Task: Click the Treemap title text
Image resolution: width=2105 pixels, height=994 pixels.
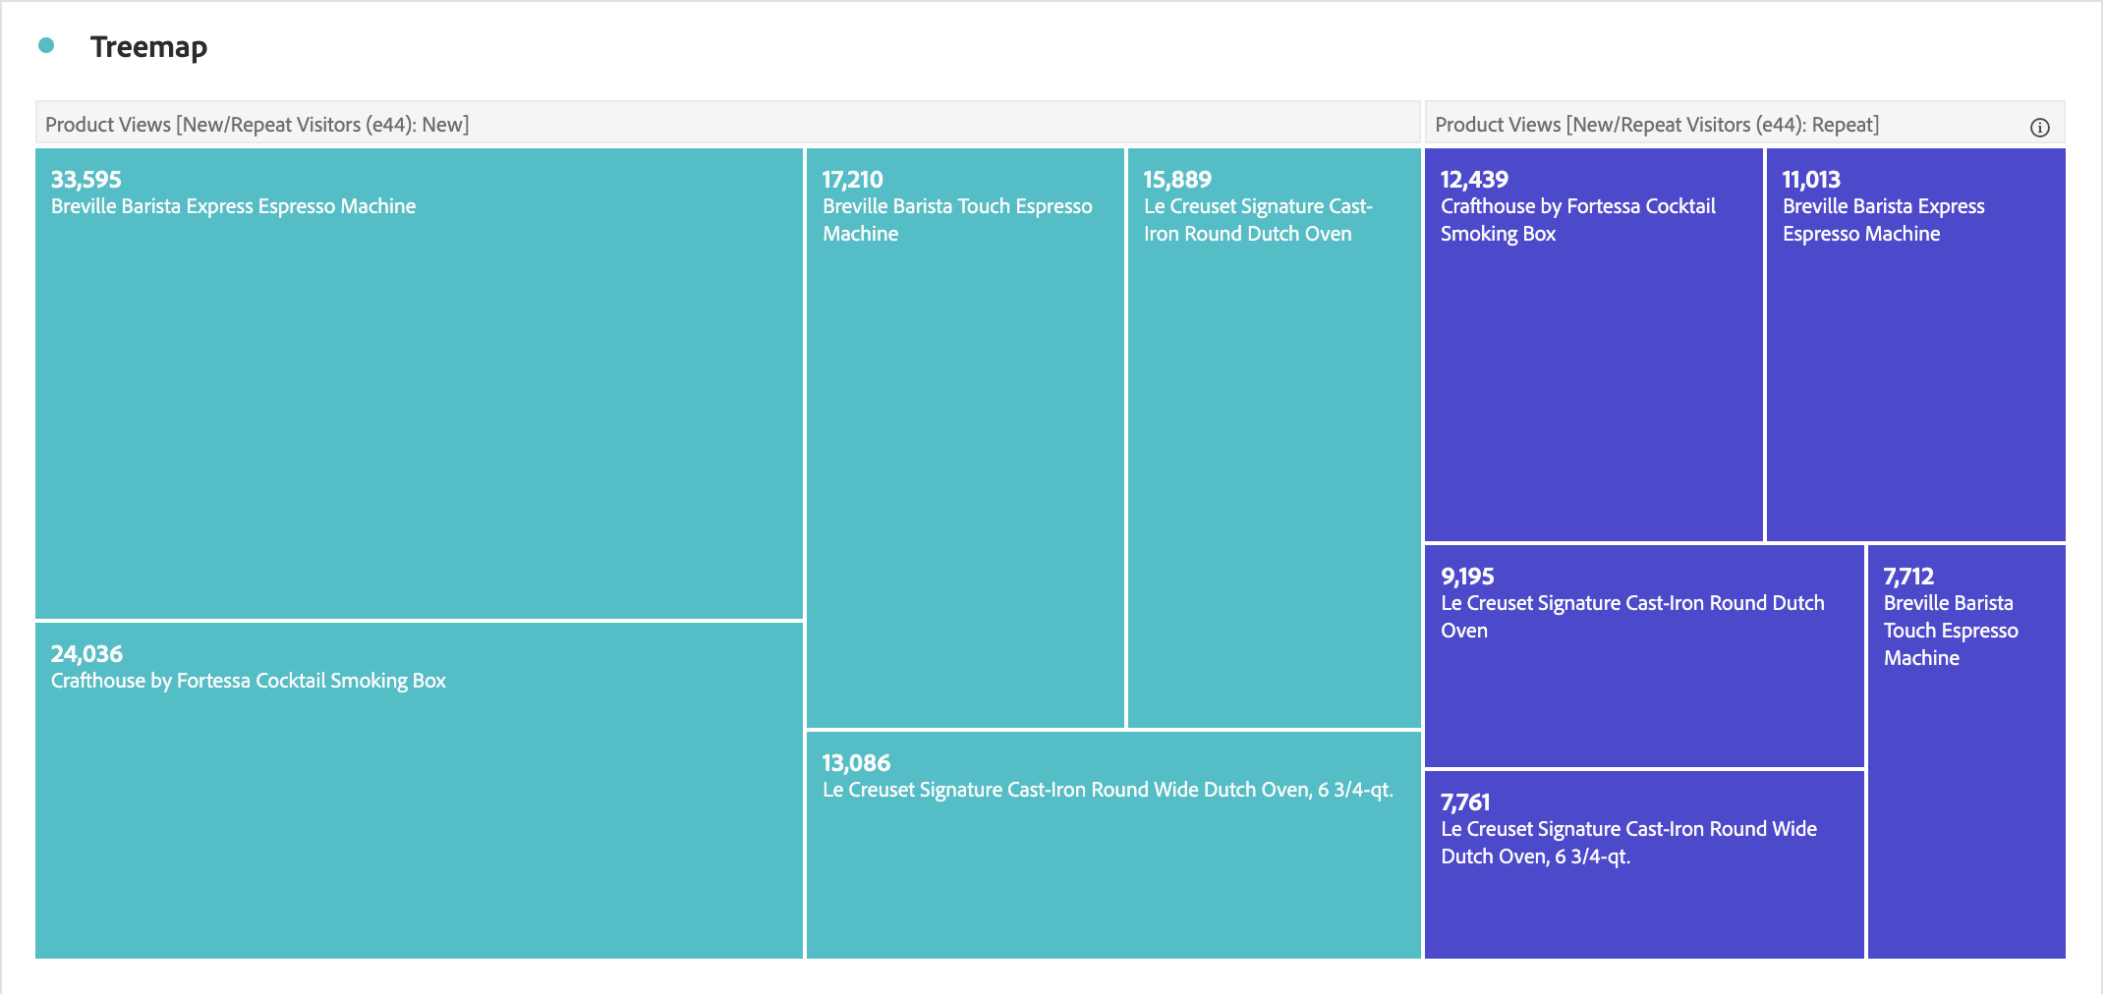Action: (x=148, y=47)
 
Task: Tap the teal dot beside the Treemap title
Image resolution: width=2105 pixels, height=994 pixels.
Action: (x=46, y=45)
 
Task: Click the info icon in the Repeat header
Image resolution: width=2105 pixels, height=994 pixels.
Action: (x=2039, y=128)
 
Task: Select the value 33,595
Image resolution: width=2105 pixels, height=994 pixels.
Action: (x=86, y=180)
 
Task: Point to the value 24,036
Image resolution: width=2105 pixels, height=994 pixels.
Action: (x=87, y=654)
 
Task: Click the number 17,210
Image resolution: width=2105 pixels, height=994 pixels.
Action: (x=853, y=180)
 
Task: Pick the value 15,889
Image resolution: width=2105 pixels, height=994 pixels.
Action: (x=1177, y=180)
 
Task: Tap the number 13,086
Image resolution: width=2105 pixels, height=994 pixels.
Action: (x=856, y=763)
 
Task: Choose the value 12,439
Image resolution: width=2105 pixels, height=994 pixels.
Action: (x=1474, y=180)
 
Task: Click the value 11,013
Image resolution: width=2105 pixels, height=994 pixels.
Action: (x=1811, y=180)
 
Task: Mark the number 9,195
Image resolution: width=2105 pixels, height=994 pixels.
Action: (x=1467, y=577)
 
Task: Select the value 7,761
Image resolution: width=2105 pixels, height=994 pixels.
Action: (x=1465, y=802)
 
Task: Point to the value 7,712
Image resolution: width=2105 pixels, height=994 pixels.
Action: (x=1908, y=577)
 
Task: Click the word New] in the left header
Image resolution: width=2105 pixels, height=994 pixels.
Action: (x=445, y=125)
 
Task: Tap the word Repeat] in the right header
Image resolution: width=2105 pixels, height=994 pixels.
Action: (x=1845, y=125)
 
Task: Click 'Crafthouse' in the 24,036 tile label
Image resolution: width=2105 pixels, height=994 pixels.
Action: (x=97, y=681)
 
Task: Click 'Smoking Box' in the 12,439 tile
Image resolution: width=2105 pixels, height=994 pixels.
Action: (x=1498, y=234)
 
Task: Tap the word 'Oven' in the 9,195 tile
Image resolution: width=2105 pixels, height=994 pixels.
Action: (x=1463, y=631)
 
